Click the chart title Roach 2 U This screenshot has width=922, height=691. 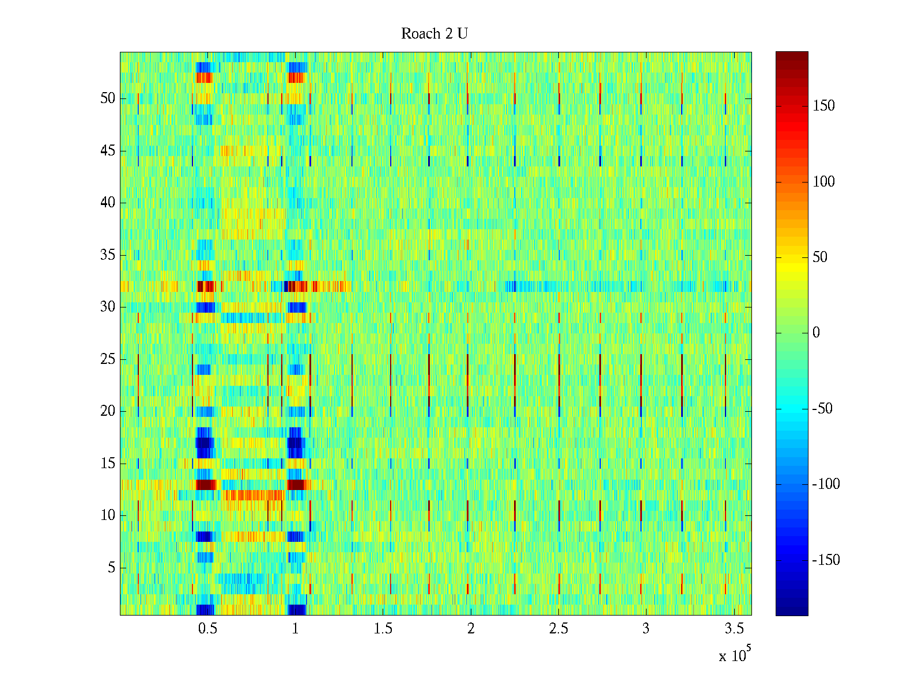tap(434, 34)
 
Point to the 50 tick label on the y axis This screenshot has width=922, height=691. tap(108, 98)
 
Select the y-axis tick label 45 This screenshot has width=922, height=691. tap(108, 151)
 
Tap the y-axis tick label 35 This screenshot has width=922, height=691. tap(108, 255)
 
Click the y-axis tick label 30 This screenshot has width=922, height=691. tap(108, 307)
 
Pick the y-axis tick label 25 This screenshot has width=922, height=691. tap(108, 359)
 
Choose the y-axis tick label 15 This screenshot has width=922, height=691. tap(108, 464)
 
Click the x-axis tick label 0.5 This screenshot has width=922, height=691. tap(207, 629)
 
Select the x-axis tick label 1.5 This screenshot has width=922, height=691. tap(383, 629)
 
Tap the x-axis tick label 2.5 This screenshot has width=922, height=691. tap(558, 629)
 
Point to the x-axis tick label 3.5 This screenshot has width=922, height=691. tap(734, 629)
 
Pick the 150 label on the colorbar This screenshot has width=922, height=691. tap(823, 106)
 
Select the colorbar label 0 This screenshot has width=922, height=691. tap(816, 333)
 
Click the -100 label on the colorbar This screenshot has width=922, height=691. tap(826, 484)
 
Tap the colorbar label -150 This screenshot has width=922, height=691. tap(826, 560)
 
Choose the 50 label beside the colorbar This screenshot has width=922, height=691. tap(820, 257)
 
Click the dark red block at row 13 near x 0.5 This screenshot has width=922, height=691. tap(206, 484)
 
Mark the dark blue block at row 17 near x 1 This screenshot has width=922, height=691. tap(294, 443)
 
